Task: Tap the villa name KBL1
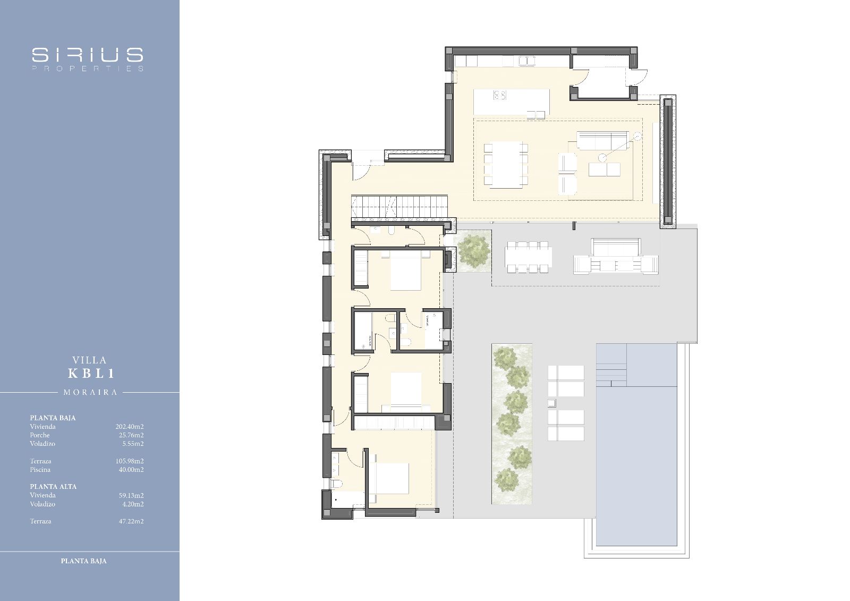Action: pyautogui.click(x=91, y=374)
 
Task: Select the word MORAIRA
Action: pyautogui.click(x=90, y=393)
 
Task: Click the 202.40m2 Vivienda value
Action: pyautogui.click(x=130, y=427)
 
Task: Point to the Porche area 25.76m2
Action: pyautogui.click(x=131, y=435)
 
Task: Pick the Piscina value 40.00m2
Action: pyautogui.click(x=131, y=470)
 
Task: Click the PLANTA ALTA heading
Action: pyautogui.click(x=53, y=487)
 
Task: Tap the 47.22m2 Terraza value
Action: pyautogui.click(x=131, y=521)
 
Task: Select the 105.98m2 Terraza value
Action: pyautogui.click(x=130, y=461)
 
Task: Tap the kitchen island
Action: pyautogui.click(x=511, y=101)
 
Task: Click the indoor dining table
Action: pyautogui.click(x=506, y=164)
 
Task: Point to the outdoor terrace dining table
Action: pyautogui.click(x=528, y=257)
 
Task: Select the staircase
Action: pyautogui.click(x=399, y=207)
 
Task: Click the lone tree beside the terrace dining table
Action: pyautogui.click(x=473, y=251)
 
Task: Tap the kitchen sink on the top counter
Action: pyautogui.click(x=527, y=61)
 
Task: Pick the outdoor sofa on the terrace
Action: pyautogui.click(x=616, y=256)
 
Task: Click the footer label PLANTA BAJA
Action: pyautogui.click(x=83, y=561)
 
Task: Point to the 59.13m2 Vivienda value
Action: pyautogui.click(x=131, y=495)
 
